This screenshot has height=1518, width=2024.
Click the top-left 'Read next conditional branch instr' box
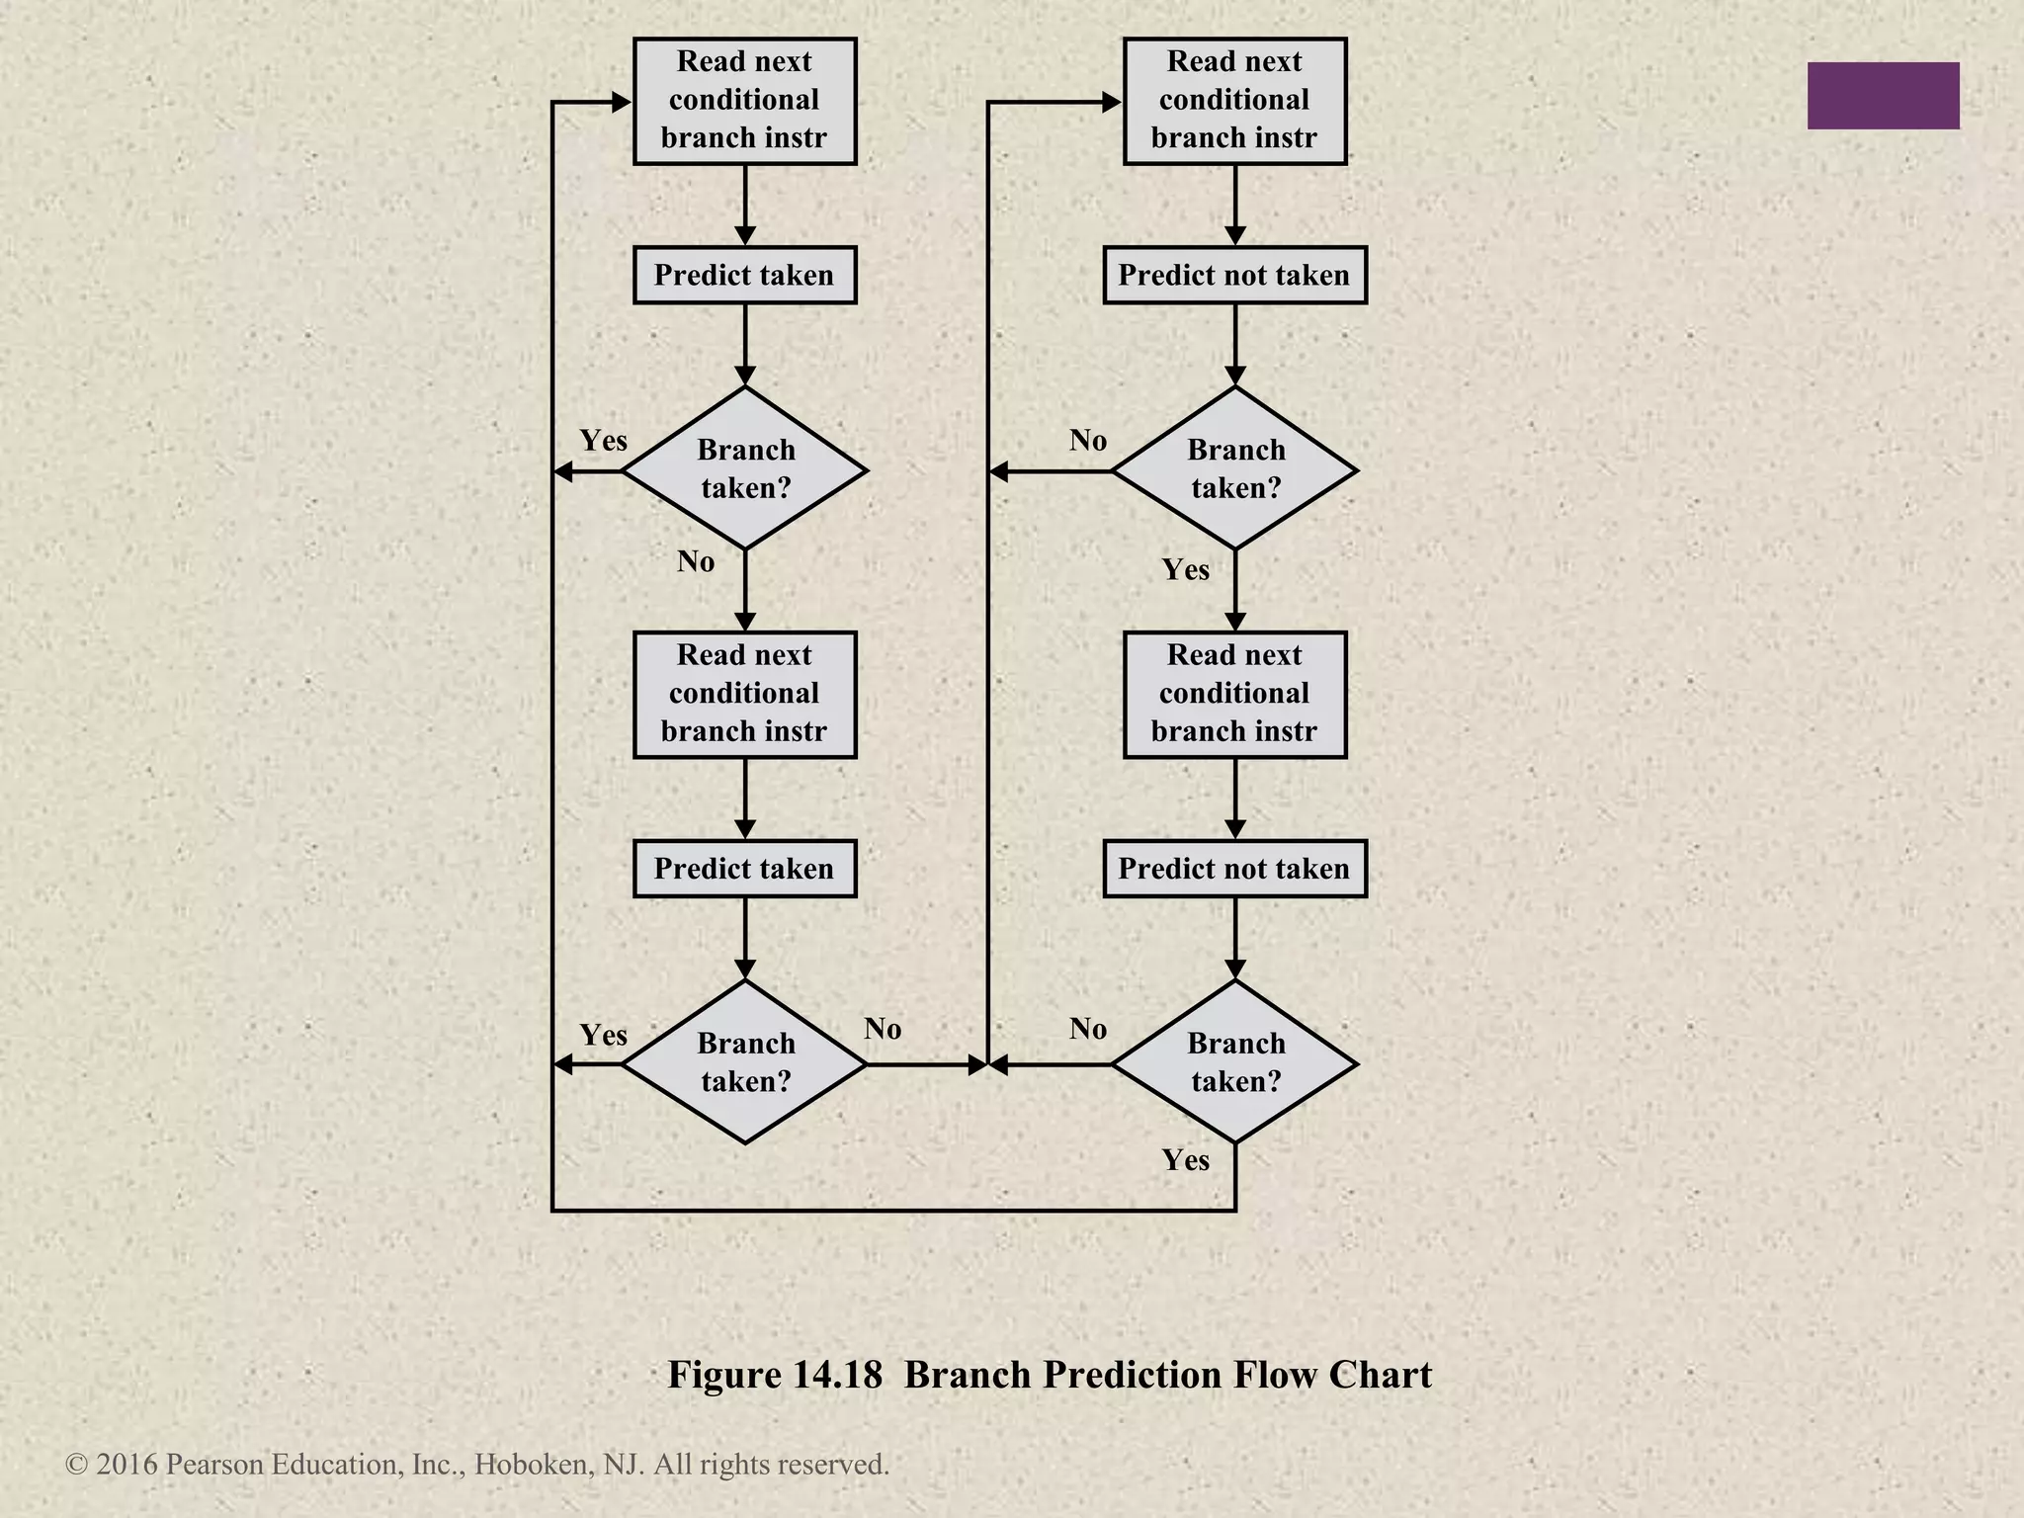click(744, 101)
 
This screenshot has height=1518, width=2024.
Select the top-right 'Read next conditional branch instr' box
click(1234, 101)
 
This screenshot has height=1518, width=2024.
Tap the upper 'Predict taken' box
click(744, 275)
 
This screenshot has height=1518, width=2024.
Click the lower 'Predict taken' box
click(744, 869)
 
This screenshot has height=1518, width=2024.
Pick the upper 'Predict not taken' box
click(1234, 275)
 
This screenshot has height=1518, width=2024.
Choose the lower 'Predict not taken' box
click(1234, 869)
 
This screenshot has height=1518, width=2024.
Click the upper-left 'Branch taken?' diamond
click(745, 468)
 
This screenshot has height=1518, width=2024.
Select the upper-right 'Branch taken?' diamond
click(1235, 468)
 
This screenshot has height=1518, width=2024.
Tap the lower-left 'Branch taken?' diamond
click(745, 1062)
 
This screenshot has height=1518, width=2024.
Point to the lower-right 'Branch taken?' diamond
click(1235, 1062)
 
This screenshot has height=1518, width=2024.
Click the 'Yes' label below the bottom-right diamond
click(1185, 1159)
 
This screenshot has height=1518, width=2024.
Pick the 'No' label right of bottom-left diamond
click(883, 1029)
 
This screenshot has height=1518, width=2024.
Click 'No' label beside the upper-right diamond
click(1087, 440)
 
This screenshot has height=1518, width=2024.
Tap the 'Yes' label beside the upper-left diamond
click(603, 440)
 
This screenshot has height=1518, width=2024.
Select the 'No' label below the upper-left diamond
click(696, 561)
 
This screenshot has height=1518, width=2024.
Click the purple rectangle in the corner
click(1883, 96)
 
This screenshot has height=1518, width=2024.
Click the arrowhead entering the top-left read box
click(622, 102)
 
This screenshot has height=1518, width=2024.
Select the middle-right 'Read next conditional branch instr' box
click(1234, 695)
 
